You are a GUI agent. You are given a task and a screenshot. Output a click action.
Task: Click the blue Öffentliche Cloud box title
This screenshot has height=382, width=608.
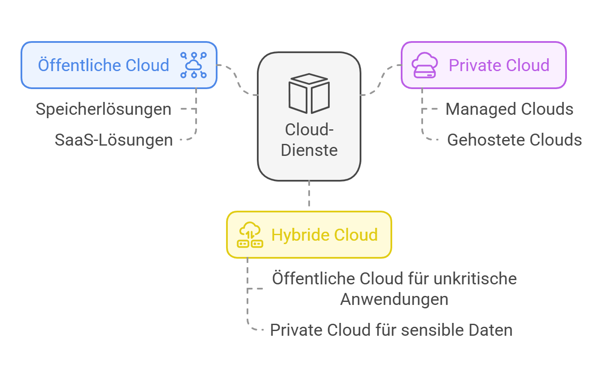104,66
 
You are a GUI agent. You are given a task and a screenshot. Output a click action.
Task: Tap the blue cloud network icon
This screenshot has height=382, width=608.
194,65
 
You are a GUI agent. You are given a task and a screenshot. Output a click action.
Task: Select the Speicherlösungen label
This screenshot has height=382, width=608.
104,109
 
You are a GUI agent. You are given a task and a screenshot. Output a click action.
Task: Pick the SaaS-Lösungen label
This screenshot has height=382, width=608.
114,140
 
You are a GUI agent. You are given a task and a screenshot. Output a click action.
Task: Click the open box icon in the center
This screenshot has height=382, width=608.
309,93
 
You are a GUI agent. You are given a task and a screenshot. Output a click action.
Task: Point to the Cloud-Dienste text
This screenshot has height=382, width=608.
309,140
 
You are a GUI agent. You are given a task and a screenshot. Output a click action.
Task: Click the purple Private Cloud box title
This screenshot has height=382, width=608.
499,66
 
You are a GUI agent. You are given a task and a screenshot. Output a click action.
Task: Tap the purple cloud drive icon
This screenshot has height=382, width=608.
424,65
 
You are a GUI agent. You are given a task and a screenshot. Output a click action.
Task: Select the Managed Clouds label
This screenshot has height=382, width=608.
509,109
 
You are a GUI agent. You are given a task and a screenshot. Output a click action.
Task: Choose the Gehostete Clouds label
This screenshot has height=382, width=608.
514,140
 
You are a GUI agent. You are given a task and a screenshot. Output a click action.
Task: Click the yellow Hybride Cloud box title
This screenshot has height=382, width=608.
325,235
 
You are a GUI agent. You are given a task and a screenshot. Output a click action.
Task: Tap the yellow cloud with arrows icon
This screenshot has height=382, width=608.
250,235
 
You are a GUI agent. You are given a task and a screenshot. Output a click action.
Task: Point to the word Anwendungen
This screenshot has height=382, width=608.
394,299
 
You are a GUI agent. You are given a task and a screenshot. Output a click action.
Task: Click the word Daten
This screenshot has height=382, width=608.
491,330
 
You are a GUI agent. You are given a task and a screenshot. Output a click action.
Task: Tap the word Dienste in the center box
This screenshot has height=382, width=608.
309,150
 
